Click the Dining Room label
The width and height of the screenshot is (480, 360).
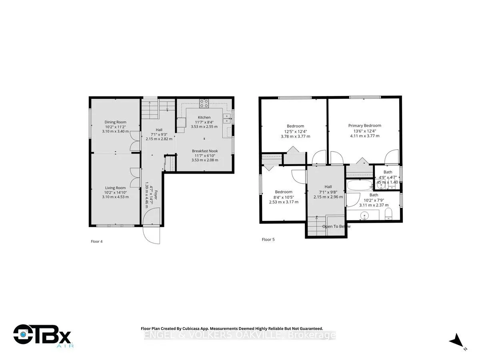pyautogui.click(x=116, y=122)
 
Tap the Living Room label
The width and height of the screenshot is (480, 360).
pyautogui.click(x=116, y=188)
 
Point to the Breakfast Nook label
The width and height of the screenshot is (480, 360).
pyautogui.click(x=205, y=151)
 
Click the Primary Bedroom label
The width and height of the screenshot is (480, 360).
pyautogui.click(x=364, y=125)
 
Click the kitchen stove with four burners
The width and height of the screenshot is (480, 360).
pyautogui.click(x=204, y=103)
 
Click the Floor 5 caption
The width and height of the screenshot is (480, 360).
pyautogui.click(x=268, y=240)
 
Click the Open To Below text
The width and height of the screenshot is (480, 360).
pyautogui.click(x=336, y=226)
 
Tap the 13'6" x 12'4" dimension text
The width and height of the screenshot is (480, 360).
pyautogui.click(x=364, y=130)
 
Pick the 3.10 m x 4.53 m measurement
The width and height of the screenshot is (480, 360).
pyautogui.click(x=116, y=197)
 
